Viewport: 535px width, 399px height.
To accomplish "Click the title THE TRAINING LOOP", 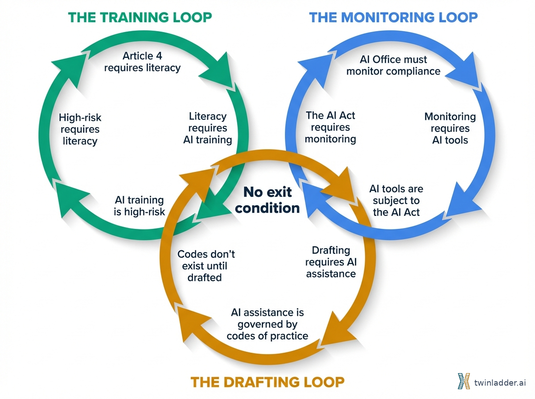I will pos(140,17).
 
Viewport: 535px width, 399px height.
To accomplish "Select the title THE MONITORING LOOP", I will pos(393,17).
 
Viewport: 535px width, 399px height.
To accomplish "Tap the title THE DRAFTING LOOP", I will pos(267,382).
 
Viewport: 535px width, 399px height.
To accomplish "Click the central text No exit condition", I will pos(267,200).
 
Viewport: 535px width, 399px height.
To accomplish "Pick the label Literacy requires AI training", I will pos(208,128).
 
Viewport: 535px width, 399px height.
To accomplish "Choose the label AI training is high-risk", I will pos(139,206).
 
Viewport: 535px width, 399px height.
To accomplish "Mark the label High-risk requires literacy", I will pos(80,130).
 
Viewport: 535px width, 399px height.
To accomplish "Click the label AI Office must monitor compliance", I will pos(393,65).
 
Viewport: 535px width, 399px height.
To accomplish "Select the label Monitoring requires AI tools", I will pos(450,128).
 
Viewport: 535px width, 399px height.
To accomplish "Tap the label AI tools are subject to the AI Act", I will pos(396,201).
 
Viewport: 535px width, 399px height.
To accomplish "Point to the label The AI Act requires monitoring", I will pos(330,127).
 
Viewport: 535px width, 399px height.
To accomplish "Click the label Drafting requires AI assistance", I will pos(331,262).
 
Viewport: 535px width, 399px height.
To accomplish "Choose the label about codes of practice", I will pos(267,324).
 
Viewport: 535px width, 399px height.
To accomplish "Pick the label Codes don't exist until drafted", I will pos(206,266).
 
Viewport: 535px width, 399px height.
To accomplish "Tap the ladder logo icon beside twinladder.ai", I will pos(464,382).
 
